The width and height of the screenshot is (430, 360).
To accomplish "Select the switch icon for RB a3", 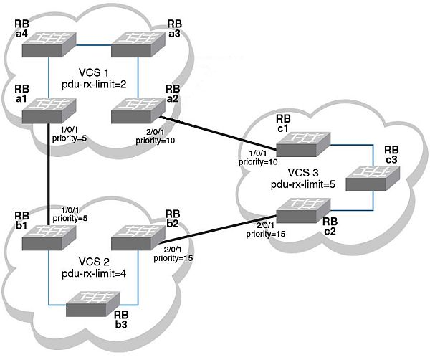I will pyautogui.click(x=139, y=44).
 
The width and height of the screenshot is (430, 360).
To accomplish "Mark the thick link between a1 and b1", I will pyautogui.click(x=49, y=172).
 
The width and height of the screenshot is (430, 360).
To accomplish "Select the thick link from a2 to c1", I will pyautogui.click(x=215, y=132).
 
